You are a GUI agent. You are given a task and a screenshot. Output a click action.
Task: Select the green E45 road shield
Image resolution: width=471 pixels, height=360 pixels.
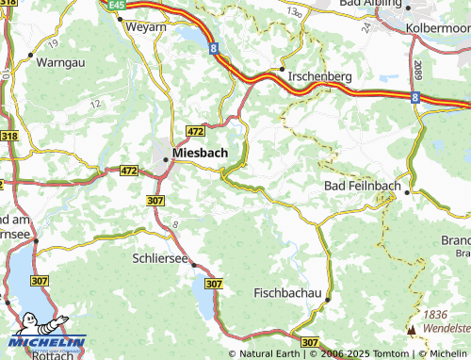[x=116, y=5]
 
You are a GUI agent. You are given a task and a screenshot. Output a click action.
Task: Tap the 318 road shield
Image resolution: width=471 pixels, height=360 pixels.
[x=8, y=137]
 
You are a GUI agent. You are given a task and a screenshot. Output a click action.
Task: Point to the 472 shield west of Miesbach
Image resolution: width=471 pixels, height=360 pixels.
[x=129, y=171]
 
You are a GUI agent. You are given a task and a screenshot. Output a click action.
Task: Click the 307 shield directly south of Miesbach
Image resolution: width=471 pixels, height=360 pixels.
[x=155, y=200]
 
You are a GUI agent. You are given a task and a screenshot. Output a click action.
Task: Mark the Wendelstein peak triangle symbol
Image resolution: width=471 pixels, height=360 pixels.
[x=411, y=330]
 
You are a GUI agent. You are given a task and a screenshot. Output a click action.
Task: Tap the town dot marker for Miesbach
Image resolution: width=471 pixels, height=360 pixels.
[x=167, y=159]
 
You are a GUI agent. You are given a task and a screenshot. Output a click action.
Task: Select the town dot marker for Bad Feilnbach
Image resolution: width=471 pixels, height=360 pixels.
[x=406, y=192]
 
